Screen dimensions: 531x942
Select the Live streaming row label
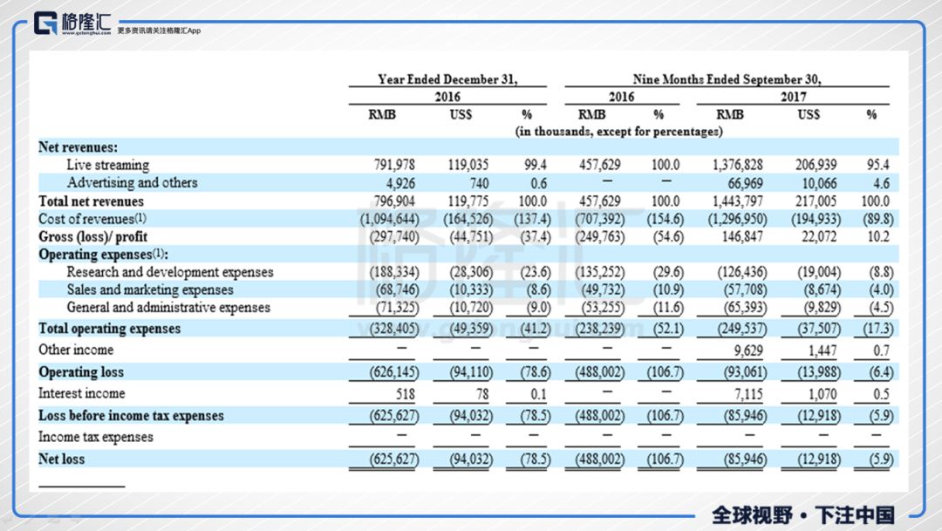107,165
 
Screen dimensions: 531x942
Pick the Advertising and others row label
132,183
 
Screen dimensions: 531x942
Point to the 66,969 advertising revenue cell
747,183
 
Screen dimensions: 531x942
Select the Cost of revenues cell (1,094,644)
390,219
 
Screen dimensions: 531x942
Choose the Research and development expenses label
169,272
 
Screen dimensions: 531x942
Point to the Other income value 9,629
751,350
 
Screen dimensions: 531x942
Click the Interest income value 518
402,394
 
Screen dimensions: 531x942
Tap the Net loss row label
61,458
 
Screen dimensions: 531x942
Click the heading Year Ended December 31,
447,79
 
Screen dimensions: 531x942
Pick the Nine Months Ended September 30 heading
727,79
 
